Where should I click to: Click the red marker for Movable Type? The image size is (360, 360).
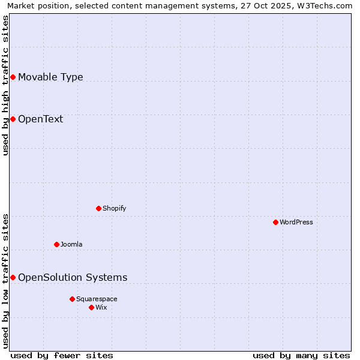pos(13,77)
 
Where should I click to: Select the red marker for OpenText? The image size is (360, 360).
pos(13,119)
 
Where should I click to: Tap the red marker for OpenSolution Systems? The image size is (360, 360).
pos(13,277)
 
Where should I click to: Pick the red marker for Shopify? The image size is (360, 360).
pos(98,208)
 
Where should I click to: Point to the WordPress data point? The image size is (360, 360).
pos(275,222)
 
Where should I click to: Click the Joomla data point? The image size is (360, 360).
pos(56,244)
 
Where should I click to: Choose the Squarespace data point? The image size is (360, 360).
pos(72,299)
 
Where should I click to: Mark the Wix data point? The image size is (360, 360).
pos(91,307)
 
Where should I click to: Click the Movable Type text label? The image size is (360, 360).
pos(50,77)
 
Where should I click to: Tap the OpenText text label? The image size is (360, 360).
pos(40,119)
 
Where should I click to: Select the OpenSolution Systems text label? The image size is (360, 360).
pos(73,277)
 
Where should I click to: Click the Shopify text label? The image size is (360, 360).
pos(114,208)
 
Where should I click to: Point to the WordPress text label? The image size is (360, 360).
pos(296,222)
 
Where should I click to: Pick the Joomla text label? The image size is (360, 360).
pos(71,244)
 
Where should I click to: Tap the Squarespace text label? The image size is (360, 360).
pos(97,299)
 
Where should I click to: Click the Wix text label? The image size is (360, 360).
pos(101,307)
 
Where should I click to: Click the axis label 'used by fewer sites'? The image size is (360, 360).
pos(62,355)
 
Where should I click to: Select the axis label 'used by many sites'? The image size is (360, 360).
pos(301,355)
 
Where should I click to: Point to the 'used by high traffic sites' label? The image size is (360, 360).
pos(5,85)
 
